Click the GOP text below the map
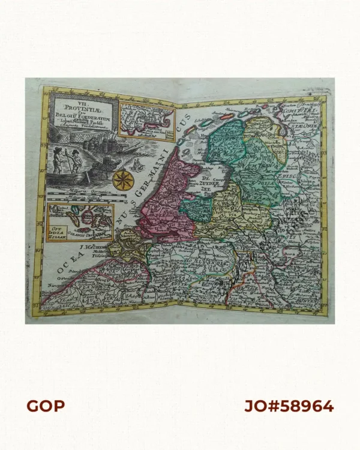45,406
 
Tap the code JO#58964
289,406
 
